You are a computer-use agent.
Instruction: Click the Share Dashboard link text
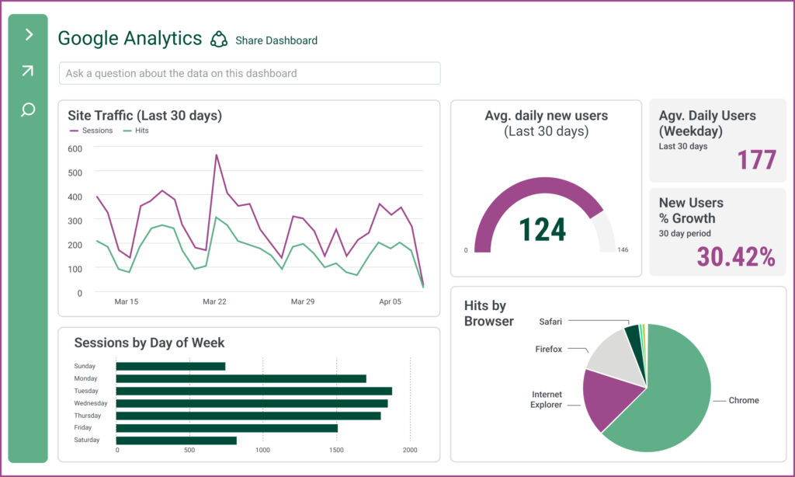click(x=276, y=40)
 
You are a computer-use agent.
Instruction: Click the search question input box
click(x=249, y=73)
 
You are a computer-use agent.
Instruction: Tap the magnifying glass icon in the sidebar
click(x=28, y=110)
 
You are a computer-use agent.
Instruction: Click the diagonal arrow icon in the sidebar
click(x=28, y=71)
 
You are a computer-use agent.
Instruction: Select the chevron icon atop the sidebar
click(x=29, y=34)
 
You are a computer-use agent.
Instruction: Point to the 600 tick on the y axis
click(x=75, y=148)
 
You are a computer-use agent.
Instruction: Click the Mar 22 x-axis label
click(x=214, y=301)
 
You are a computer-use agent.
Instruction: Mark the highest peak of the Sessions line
click(x=217, y=155)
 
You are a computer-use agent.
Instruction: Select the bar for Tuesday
click(x=254, y=391)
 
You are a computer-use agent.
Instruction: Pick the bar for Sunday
click(x=171, y=366)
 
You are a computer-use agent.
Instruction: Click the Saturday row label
click(x=87, y=440)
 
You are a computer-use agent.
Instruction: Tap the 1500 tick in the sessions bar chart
click(x=336, y=450)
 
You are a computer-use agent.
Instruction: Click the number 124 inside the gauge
click(x=543, y=229)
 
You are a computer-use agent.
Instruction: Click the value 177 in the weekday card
click(x=756, y=160)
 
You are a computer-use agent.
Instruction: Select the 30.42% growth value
click(x=736, y=256)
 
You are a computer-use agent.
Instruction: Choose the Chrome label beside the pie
click(x=744, y=401)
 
